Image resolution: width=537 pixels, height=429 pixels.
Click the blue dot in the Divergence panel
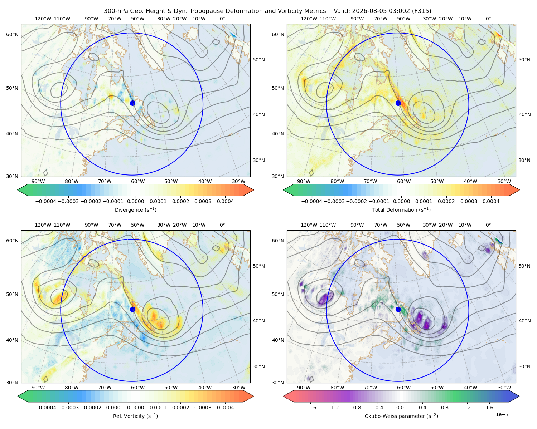pos(132,103)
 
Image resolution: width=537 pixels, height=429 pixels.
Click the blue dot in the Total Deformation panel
pos(398,103)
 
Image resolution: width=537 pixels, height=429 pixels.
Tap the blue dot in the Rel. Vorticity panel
pos(132,309)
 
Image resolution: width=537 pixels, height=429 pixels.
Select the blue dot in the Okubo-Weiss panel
pos(398,309)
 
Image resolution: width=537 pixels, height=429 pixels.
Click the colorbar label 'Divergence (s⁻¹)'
pos(135,209)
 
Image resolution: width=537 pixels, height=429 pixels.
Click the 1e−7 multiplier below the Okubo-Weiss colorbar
pos(502,414)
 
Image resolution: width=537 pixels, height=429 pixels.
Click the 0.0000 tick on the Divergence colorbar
pos(135,201)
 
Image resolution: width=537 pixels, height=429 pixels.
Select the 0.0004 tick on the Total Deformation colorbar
pos(491,201)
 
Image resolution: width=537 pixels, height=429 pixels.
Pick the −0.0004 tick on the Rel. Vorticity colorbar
pos(46,408)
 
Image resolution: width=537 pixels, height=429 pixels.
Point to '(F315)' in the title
pos(422,11)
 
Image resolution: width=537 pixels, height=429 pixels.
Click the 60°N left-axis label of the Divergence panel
pos(12,34)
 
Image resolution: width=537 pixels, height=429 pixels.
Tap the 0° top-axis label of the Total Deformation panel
pos(488,19)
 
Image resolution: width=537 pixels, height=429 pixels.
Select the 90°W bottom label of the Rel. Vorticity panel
pos(38,388)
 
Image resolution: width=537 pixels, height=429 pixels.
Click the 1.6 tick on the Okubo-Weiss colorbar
pos(490,408)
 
